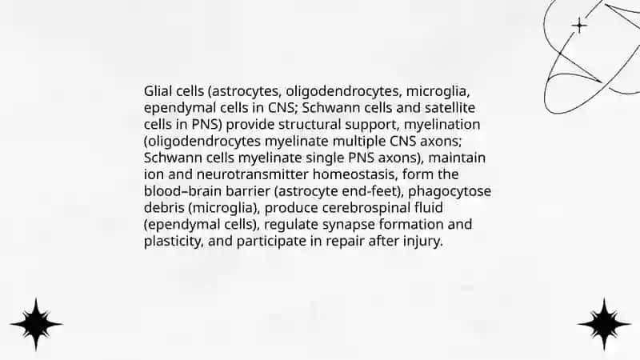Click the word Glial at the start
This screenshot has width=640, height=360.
(155, 91)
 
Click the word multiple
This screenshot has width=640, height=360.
(359, 142)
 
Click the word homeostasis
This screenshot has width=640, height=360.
(355, 174)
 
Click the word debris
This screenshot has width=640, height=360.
(164, 207)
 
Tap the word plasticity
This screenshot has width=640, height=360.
(173, 242)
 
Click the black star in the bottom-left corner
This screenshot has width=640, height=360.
(36, 325)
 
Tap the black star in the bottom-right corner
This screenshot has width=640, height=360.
(604, 325)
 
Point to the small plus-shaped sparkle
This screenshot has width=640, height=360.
(579, 26)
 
